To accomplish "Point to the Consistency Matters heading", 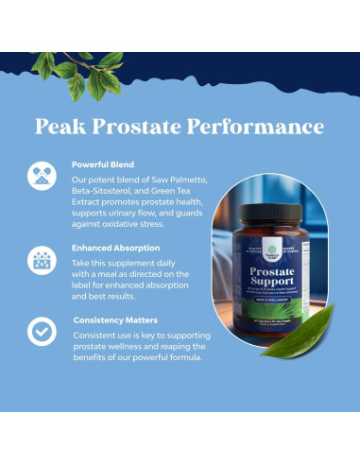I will tap(116, 319).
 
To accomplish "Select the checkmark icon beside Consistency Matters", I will tap(42, 332).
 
